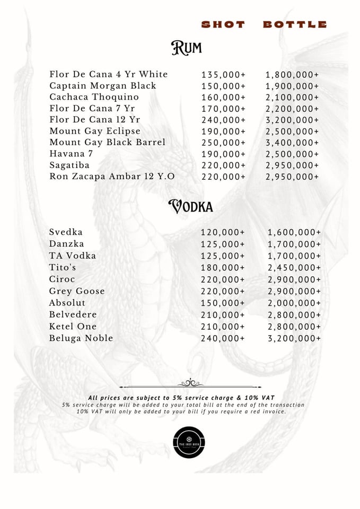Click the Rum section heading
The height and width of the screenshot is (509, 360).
point(186,48)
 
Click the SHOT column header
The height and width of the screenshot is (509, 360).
point(223,24)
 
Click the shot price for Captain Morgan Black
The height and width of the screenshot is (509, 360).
point(224,86)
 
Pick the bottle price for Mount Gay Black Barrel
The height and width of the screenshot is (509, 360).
point(293,143)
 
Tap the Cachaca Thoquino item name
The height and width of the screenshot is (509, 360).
point(94,97)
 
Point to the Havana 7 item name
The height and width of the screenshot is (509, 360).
point(71,154)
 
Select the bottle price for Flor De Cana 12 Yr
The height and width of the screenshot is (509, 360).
point(293,120)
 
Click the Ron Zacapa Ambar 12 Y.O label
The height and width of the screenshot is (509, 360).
point(112,177)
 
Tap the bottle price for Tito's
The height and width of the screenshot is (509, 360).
point(294,268)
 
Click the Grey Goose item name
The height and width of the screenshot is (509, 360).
point(77,291)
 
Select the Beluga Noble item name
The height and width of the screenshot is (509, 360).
point(81,338)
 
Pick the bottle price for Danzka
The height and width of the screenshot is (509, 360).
point(294,244)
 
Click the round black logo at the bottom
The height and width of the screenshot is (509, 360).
point(189,442)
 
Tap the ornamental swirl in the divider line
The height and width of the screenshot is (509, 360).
point(190,383)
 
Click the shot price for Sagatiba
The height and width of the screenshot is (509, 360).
point(224,165)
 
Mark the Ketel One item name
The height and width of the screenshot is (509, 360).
point(73,327)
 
